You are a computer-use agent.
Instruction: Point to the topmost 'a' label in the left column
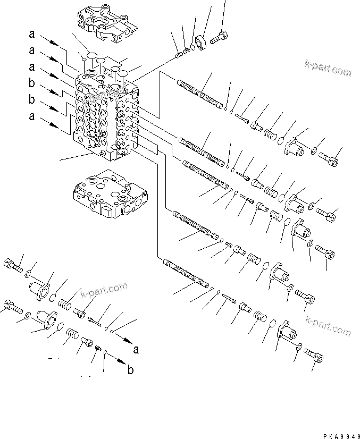[x=32, y=35]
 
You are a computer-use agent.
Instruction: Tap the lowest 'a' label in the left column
[x=32, y=116]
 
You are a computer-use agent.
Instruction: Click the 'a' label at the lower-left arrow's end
[x=136, y=350]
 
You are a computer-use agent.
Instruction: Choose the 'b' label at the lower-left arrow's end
[x=131, y=370]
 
